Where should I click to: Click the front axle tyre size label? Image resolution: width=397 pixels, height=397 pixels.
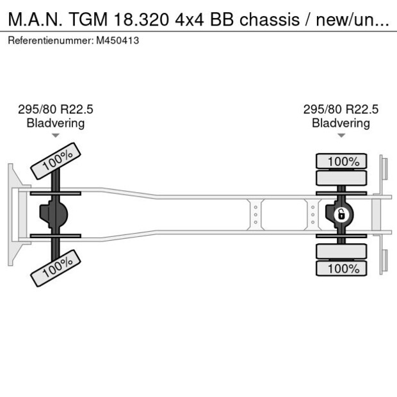pos(56,109)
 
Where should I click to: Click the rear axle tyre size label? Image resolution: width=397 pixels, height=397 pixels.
pos(341,109)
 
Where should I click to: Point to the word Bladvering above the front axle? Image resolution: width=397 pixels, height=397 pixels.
pos(56,123)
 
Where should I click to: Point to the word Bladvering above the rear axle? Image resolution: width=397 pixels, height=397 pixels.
pos(341,123)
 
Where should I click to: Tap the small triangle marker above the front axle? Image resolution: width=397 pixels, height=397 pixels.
pos(56,136)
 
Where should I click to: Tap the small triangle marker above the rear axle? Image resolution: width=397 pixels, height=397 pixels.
pos(341,136)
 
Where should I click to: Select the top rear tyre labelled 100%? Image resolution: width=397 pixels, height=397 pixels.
pos(343,161)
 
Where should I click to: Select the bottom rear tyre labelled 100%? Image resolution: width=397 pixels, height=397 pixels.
pos(343,268)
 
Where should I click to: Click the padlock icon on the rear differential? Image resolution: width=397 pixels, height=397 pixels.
pos(341,214)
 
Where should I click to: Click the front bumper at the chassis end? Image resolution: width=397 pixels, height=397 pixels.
pos(13,214)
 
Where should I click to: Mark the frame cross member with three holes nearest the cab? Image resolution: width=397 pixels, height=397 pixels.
pos(255,214)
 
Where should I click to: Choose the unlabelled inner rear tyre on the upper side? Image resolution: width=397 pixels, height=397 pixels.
pos(343,178)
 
